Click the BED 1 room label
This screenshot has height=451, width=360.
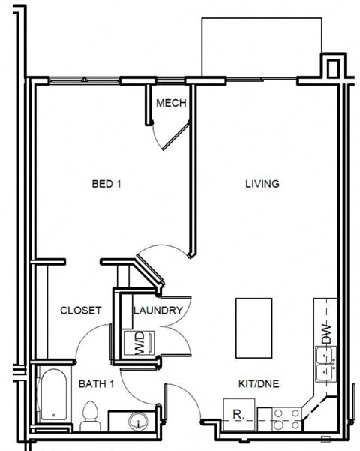tap(106, 184)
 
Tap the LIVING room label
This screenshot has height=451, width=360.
tap(262, 184)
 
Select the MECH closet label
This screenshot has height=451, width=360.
tap(171, 104)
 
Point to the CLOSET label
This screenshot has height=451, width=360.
tap(81, 311)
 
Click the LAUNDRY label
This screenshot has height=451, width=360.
tap(158, 311)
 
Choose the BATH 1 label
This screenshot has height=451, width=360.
tap(96, 384)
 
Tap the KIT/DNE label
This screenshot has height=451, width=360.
tap(258, 384)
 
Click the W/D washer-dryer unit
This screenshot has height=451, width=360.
tap(138, 344)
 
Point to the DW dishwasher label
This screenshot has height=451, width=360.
tap(326, 332)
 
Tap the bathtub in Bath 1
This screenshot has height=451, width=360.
tap(53, 395)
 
